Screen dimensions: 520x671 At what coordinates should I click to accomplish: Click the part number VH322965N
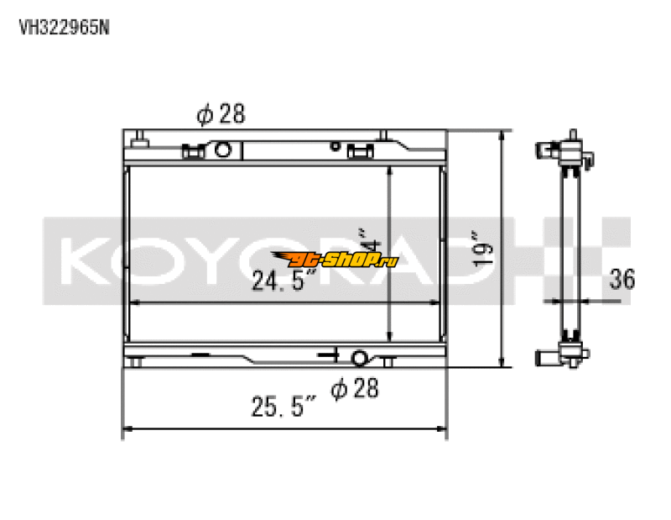(x=64, y=26)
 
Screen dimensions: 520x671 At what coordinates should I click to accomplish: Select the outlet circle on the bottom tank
(x=359, y=359)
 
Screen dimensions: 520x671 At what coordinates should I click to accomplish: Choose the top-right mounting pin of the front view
(x=385, y=136)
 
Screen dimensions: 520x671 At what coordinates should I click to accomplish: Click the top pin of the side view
(x=573, y=134)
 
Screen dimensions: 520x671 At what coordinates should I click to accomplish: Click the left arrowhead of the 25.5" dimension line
(x=128, y=431)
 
